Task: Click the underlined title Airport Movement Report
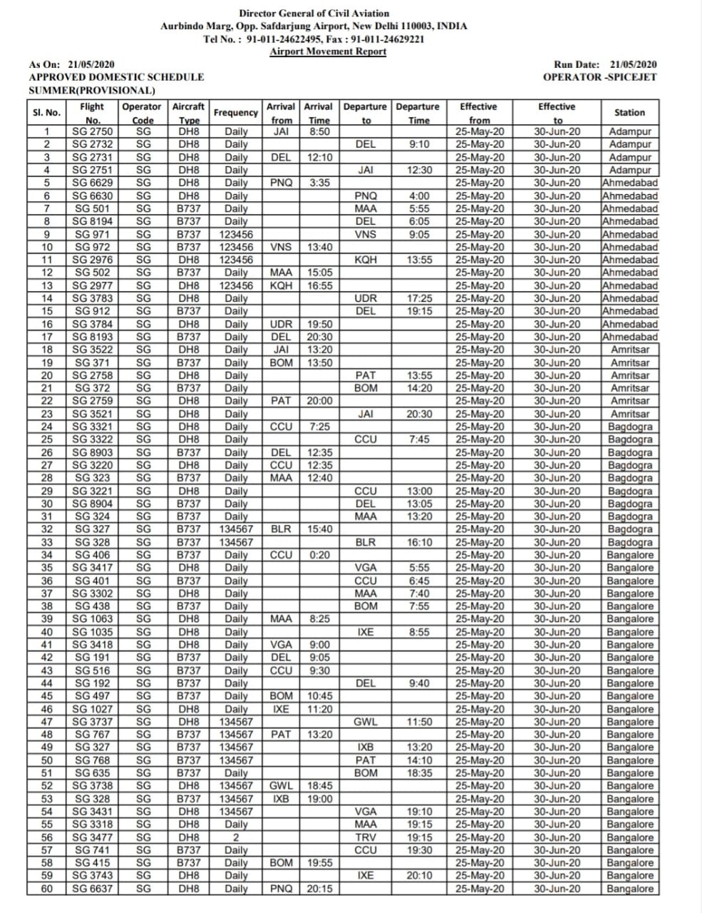(328, 51)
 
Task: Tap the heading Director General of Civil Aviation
(314, 14)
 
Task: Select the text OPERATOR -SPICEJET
(599, 77)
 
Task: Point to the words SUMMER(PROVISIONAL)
(92, 91)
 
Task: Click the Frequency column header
(236, 113)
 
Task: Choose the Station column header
(629, 113)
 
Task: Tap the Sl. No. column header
(47, 113)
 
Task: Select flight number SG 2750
(93, 131)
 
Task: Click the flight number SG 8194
(93, 221)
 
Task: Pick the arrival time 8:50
(319, 131)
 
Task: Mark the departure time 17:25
(419, 298)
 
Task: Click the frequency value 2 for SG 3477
(236, 837)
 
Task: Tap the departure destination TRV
(366, 837)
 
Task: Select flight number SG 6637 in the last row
(93, 889)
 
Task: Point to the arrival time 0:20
(319, 555)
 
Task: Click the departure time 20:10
(419, 876)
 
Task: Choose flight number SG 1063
(93, 619)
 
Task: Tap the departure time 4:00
(419, 195)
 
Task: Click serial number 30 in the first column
(47, 504)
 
